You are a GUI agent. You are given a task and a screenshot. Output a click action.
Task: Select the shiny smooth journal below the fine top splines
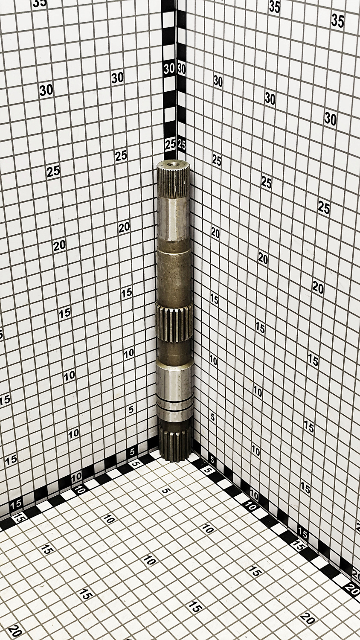tap(174, 218)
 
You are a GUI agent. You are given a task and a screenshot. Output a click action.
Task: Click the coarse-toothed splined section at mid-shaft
tap(174, 323)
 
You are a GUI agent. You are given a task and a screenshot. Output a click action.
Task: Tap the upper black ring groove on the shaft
tap(175, 403)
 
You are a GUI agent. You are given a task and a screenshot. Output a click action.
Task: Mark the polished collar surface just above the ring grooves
tap(175, 380)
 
